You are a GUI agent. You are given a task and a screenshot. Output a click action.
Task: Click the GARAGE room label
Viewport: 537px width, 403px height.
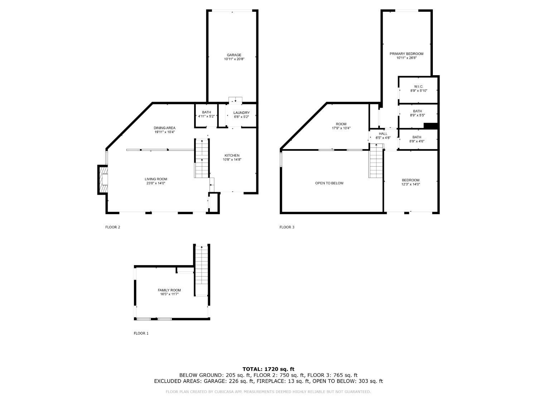tap(234, 55)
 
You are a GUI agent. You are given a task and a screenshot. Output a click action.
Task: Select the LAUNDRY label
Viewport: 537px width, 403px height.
tap(241, 113)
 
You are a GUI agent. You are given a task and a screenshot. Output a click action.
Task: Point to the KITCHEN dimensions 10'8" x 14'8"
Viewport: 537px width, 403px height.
tap(232, 160)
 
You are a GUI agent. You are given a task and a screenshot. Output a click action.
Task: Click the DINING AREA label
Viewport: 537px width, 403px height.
tap(164, 128)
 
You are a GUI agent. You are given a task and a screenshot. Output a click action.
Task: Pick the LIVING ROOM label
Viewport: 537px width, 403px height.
tap(156, 179)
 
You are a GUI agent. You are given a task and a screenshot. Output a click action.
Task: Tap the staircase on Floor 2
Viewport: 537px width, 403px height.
tap(202, 158)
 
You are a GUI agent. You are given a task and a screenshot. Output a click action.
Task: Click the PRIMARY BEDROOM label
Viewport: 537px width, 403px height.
tap(406, 54)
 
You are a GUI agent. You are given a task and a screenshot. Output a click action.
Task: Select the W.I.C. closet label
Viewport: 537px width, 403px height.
tap(419, 87)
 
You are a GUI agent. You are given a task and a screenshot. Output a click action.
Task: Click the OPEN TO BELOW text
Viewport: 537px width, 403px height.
tap(329, 183)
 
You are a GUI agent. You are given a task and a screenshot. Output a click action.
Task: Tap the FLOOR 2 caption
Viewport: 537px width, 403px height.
tap(112, 227)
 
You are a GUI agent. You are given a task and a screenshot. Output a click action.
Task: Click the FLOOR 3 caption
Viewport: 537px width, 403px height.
tap(287, 227)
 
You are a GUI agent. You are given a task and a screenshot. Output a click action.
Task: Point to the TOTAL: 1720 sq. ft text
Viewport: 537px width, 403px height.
tap(268, 369)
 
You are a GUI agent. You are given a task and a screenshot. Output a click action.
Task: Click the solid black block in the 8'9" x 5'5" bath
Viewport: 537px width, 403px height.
tap(431, 126)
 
